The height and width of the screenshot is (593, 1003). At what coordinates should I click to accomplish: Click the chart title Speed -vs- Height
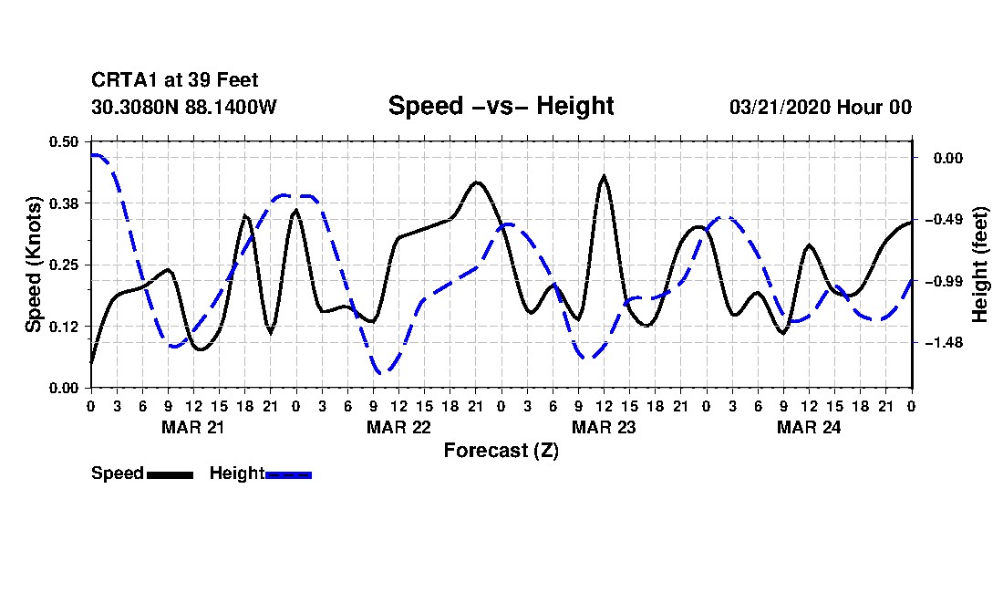click(501, 106)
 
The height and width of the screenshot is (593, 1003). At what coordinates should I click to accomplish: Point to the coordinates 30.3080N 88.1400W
click(183, 107)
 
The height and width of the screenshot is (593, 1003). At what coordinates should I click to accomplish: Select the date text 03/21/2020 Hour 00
click(820, 107)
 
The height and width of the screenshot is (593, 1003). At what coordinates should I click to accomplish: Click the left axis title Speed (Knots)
click(34, 264)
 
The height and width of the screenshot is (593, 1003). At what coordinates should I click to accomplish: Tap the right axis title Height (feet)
click(980, 265)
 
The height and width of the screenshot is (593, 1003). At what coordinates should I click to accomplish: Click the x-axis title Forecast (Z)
click(501, 451)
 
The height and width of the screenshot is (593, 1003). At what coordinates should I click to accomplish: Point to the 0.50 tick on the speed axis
click(65, 141)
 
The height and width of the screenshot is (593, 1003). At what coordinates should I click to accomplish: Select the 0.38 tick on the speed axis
click(65, 203)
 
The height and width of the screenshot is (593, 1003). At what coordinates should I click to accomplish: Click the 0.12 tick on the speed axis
click(65, 326)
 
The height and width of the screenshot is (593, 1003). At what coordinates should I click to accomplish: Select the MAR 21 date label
click(193, 427)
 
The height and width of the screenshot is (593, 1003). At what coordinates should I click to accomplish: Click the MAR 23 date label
click(604, 427)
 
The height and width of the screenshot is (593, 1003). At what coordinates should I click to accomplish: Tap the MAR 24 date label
click(809, 427)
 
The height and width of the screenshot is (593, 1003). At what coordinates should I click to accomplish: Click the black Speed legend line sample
click(169, 474)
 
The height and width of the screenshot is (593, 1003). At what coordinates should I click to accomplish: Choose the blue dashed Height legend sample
click(288, 474)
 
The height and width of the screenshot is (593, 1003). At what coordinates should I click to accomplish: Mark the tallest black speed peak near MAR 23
click(604, 176)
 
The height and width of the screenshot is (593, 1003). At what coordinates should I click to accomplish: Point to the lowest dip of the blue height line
click(382, 372)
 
